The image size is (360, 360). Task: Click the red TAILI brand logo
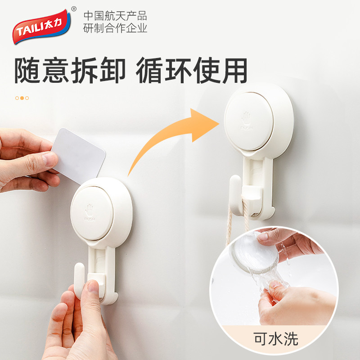click(41, 27)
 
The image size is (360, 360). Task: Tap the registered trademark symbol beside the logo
click(74, 9)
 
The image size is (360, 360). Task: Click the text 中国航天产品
click(115, 16)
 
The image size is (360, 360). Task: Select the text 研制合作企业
click(115, 28)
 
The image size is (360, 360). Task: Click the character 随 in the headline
click(28, 70)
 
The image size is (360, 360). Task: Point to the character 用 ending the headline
click(234, 70)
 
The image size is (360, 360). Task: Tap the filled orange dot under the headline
click(22, 98)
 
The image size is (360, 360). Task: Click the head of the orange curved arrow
click(203, 125)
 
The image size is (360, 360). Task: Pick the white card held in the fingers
click(77, 156)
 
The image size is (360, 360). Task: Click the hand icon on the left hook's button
click(89, 208)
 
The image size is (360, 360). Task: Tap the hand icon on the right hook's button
click(246, 117)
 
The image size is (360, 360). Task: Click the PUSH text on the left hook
click(90, 219)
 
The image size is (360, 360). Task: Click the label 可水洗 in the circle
click(276, 339)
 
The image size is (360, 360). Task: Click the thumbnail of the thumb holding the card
click(50, 159)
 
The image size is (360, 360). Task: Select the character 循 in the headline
click(149, 70)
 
